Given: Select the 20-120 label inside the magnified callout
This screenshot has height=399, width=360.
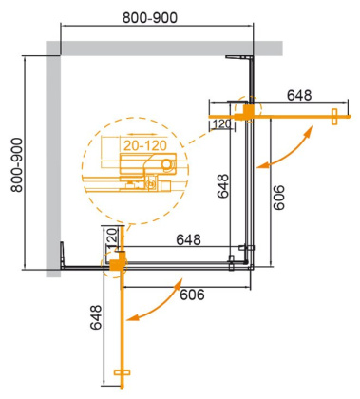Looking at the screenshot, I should click(x=142, y=145).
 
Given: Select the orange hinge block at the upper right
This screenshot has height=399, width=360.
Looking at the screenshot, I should click(x=251, y=112).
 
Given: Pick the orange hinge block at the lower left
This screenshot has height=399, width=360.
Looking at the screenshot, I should click(x=116, y=263).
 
